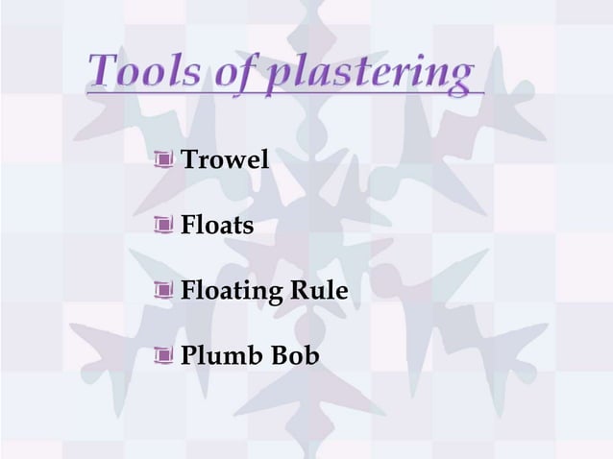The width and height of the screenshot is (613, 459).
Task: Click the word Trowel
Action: point(225,159)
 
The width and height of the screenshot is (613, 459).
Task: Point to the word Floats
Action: point(217,226)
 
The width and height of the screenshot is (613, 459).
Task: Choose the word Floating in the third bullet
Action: point(228,291)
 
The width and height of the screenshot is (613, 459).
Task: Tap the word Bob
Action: point(294,356)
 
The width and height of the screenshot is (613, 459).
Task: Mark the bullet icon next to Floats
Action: point(165,227)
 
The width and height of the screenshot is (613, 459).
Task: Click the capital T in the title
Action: point(103,71)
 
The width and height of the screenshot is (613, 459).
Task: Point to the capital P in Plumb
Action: point(189,356)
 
